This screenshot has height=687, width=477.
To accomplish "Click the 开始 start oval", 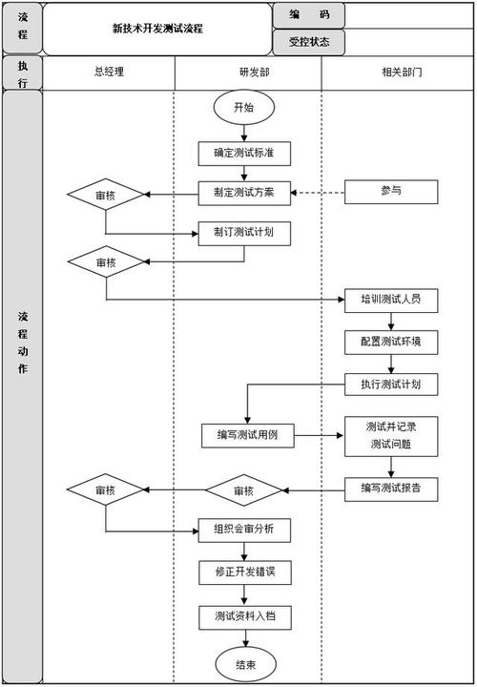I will (244, 108).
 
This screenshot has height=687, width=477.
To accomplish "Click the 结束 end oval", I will (244, 663).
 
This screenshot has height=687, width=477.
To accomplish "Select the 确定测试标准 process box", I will (244, 153).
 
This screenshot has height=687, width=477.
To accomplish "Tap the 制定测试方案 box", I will (244, 193).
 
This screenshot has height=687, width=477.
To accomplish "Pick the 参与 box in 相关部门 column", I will (390, 192).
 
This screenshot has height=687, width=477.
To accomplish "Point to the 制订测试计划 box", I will (244, 233).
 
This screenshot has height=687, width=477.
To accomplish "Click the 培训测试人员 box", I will (391, 300).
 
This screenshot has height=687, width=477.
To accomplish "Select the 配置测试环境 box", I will (391, 342).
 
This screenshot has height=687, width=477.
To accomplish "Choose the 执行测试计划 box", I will (391, 385).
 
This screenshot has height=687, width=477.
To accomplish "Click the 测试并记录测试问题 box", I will (391, 435).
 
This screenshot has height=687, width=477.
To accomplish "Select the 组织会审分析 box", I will (244, 531).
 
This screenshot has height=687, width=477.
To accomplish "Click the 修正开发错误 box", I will (244, 572).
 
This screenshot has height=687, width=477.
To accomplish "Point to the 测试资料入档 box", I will (244, 616).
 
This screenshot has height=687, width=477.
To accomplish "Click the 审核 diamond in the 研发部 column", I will (244, 490).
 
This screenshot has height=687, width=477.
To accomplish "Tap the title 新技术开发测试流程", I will (156, 29).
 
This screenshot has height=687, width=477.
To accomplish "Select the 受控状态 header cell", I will (308, 42).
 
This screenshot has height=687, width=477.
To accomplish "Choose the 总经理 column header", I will (109, 73).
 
